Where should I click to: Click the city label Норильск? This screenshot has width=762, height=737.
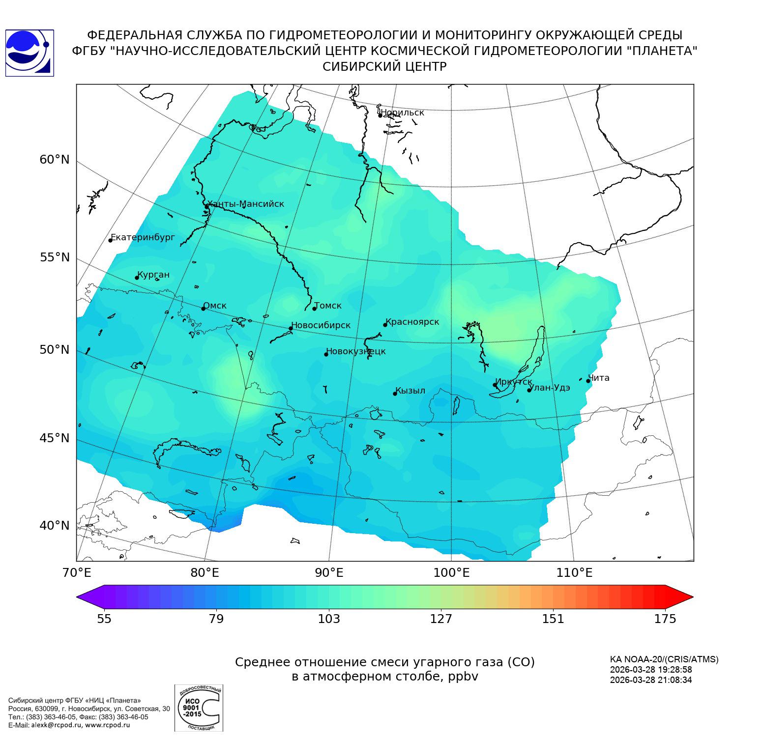click(402, 113)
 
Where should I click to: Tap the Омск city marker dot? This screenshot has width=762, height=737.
click(203, 309)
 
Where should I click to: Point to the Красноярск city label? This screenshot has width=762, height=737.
click(412, 322)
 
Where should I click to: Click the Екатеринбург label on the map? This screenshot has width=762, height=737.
click(143, 237)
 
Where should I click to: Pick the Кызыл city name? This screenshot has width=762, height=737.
click(410, 391)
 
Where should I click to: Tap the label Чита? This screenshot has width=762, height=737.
click(599, 378)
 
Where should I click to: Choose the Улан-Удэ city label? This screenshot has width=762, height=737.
click(550, 388)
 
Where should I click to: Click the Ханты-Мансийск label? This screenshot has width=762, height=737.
click(246, 204)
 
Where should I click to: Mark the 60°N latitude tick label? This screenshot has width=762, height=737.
click(55, 160)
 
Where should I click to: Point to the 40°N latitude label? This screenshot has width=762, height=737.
click(55, 526)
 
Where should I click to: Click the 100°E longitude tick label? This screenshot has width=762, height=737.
click(451, 573)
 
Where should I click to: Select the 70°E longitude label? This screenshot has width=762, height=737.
click(77, 573)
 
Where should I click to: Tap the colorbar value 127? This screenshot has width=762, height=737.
click(441, 619)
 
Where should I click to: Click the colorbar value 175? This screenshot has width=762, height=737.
click(665, 619)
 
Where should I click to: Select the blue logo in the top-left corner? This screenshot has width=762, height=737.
click(29, 53)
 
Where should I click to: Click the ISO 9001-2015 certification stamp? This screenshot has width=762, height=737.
click(199, 708)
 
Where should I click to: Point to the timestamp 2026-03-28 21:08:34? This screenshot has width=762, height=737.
click(650, 680)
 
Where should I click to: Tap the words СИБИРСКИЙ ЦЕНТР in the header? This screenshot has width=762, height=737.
click(384, 67)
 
